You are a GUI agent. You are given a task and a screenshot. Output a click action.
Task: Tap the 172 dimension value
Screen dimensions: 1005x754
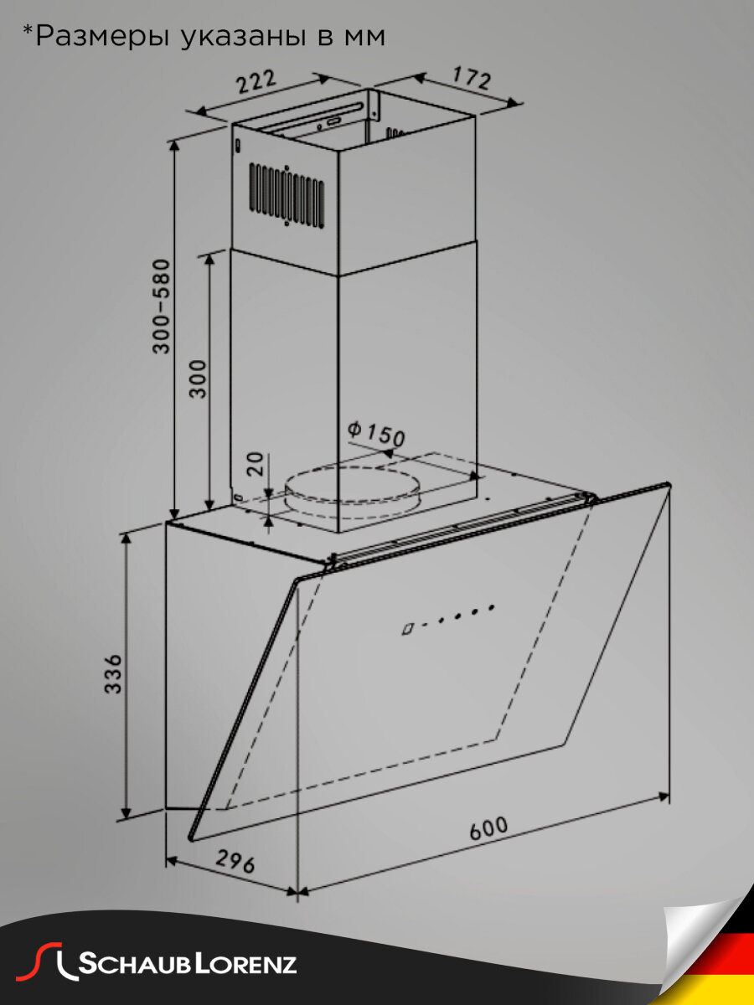pyautogui.click(x=471, y=78)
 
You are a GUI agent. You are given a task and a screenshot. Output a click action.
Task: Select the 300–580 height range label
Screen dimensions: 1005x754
pyautogui.click(x=162, y=307)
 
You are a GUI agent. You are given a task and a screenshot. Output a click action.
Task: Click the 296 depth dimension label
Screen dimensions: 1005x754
pyautogui.click(x=235, y=861)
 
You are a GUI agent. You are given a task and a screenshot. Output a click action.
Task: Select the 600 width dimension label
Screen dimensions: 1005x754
pyautogui.click(x=488, y=828)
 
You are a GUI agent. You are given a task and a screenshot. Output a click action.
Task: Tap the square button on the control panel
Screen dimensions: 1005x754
pyautogui.click(x=408, y=629)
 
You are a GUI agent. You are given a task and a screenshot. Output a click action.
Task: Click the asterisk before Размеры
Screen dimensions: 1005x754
pyautogui.click(x=27, y=32)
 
